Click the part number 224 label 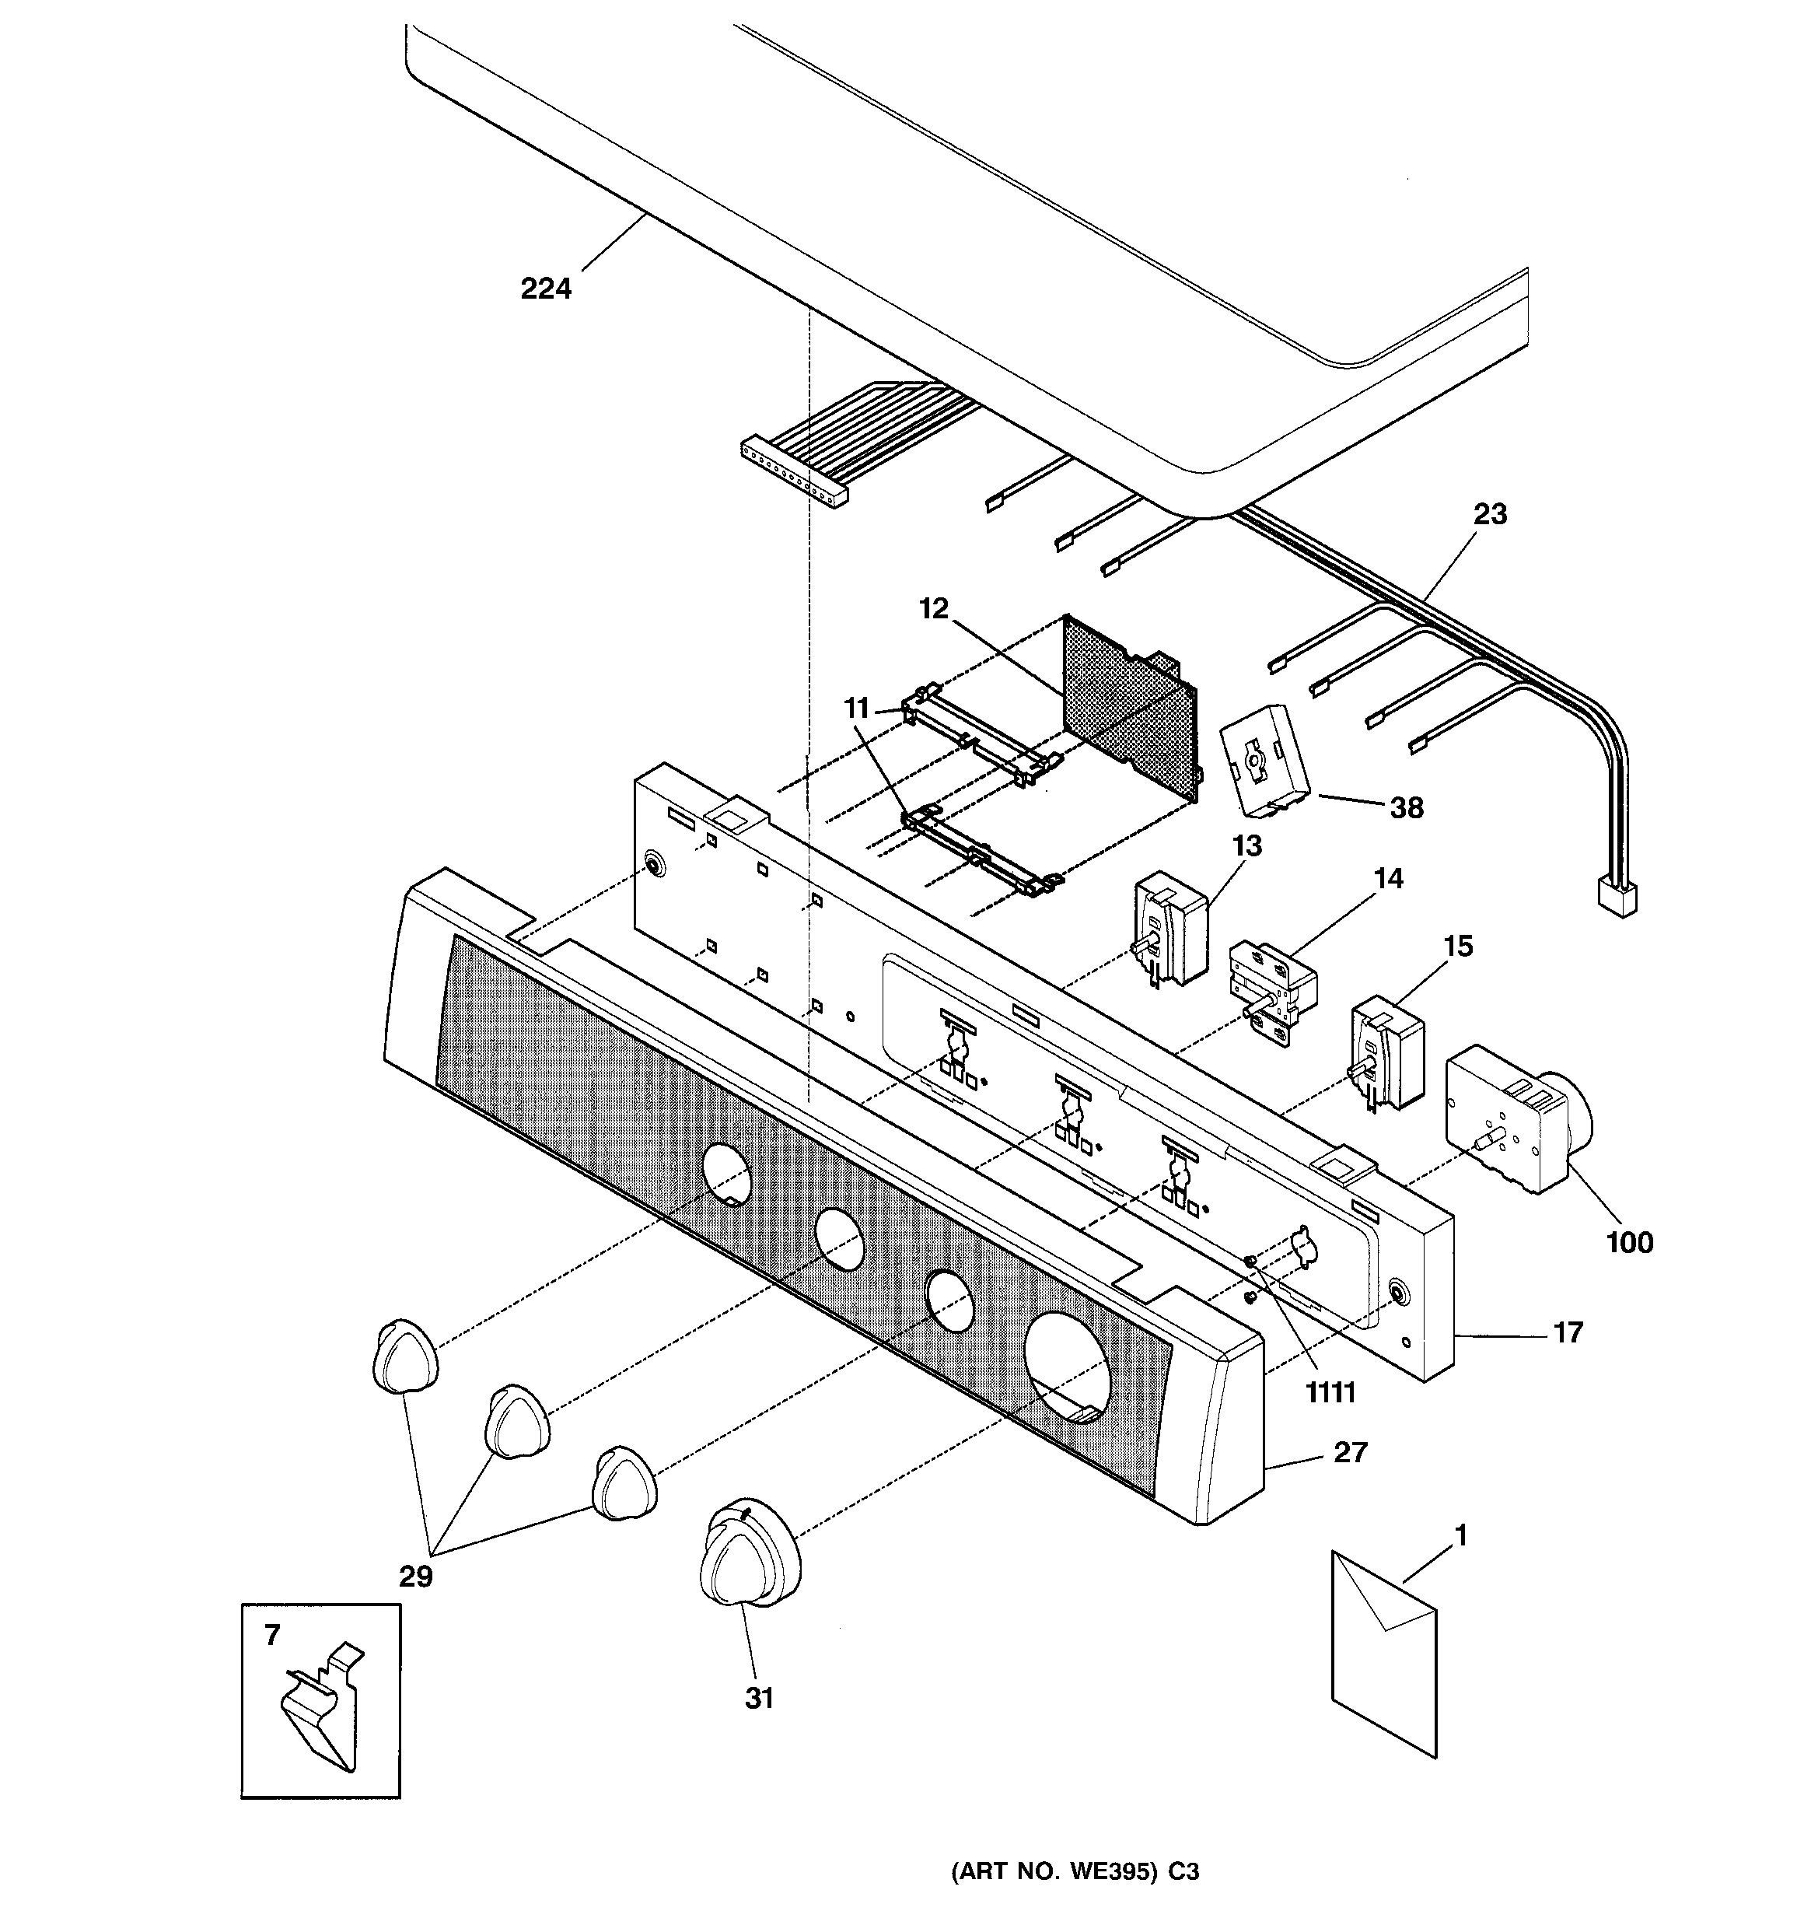pos(546,289)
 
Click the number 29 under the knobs pos(416,1577)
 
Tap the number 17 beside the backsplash pos(1568,1333)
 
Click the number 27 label pos(1351,1452)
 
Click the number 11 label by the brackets pos(856,709)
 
